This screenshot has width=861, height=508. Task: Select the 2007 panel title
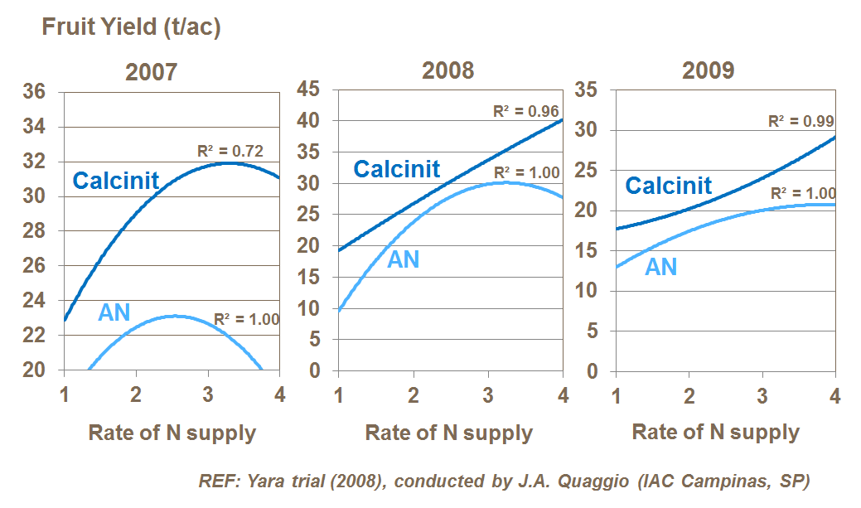(x=151, y=72)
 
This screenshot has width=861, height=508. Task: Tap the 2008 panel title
(x=448, y=70)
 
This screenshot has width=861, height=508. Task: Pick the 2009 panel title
(x=709, y=70)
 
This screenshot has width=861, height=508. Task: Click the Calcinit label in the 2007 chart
(x=116, y=181)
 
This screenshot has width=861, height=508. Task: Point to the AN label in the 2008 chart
(x=404, y=259)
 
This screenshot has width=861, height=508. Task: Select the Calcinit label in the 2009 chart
(x=669, y=185)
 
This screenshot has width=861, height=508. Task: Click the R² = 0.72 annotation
(x=230, y=151)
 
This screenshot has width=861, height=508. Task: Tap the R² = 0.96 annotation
(x=526, y=111)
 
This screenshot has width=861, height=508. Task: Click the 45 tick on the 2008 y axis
(x=308, y=90)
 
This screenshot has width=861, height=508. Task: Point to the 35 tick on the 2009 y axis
(x=586, y=90)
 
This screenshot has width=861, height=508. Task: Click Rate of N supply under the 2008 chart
(x=448, y=433)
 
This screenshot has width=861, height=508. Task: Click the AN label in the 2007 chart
(x=114, y=312)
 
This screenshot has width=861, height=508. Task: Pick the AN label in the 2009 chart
(x=661, y=267)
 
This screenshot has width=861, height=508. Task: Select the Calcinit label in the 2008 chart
(x=397, y=169)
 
